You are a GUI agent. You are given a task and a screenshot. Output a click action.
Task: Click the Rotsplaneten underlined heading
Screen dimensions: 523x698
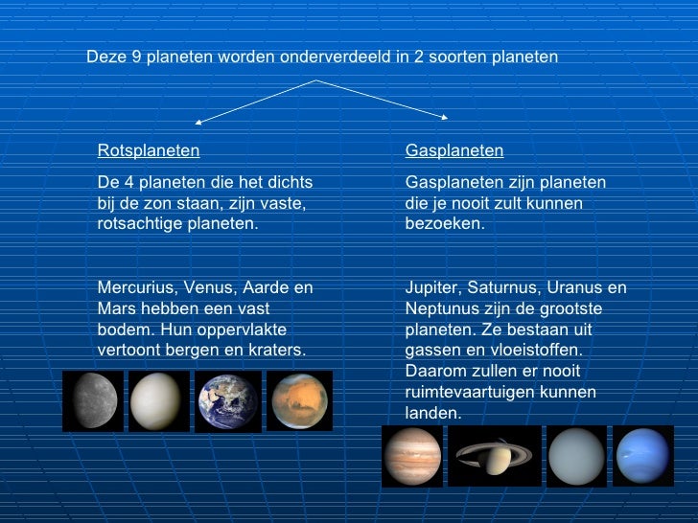pos(149,150)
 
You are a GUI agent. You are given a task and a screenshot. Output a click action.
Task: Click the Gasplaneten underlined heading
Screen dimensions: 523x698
pos(454,150)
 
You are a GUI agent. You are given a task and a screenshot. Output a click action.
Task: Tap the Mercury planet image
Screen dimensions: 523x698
pos(93,400)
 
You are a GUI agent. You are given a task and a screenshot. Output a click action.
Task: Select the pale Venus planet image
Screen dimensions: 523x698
pos(159,400)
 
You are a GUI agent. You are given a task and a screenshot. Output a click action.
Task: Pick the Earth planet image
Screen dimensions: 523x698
pos(228,400)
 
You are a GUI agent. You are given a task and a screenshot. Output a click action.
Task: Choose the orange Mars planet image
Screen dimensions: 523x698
pos(299,400)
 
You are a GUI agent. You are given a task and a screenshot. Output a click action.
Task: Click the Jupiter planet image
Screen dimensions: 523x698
pos(411,456)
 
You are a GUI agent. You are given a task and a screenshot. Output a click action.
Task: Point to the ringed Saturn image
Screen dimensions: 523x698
pos(495,456)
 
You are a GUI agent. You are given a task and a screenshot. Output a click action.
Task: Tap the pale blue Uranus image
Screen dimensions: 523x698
pos(576,456)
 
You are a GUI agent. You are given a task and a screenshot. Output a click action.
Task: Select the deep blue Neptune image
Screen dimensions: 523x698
pos(644,456)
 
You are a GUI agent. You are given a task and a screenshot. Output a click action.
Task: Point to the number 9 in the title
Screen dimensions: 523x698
pos(137,57)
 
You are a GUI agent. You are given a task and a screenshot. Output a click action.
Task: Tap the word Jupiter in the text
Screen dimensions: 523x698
pos(431,287)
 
